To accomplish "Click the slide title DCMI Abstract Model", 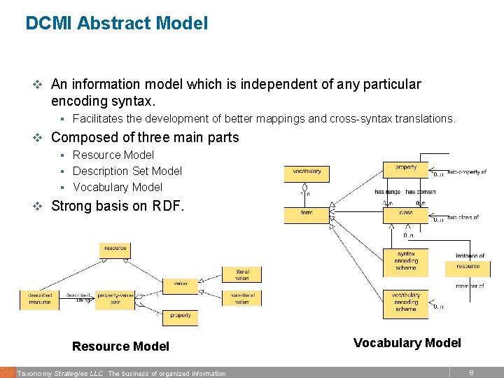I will (116, 23).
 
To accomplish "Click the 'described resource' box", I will (40, 299).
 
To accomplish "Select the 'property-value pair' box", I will (115, 299).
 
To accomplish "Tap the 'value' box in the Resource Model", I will (180, 283).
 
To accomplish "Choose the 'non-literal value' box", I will (241, 299).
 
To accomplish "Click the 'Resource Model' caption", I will (120, 346).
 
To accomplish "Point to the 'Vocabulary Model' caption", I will (407, 343).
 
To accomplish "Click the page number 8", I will (471, 373).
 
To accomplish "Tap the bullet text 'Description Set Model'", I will (127, 171).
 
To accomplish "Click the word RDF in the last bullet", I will (169, 206).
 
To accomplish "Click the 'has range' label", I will (388, 191).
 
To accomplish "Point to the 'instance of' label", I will (470, 256).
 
